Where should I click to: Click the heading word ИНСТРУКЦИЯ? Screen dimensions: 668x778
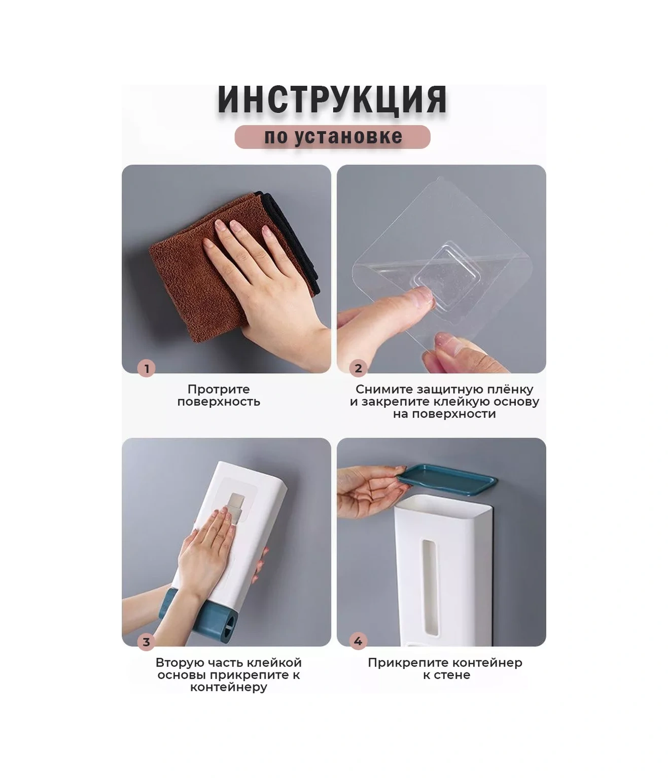click(x=332, y=99)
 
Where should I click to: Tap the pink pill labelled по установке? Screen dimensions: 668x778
click(x=332, y=136)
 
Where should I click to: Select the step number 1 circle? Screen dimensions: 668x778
click(x=147, y=368)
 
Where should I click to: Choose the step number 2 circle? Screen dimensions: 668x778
click(x=358, y=368)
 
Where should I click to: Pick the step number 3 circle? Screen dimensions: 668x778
click(x=147, y=642)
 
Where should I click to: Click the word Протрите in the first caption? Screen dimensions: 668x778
click(x=219, y=389)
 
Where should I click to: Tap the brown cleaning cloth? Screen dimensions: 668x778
click(x=226, y=267)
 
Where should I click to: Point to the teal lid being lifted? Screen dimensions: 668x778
click(x=447, y=479)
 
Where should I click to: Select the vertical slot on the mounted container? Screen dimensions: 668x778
click(x=430, y=587)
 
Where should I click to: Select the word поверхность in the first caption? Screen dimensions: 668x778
click(x=219, y=402)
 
